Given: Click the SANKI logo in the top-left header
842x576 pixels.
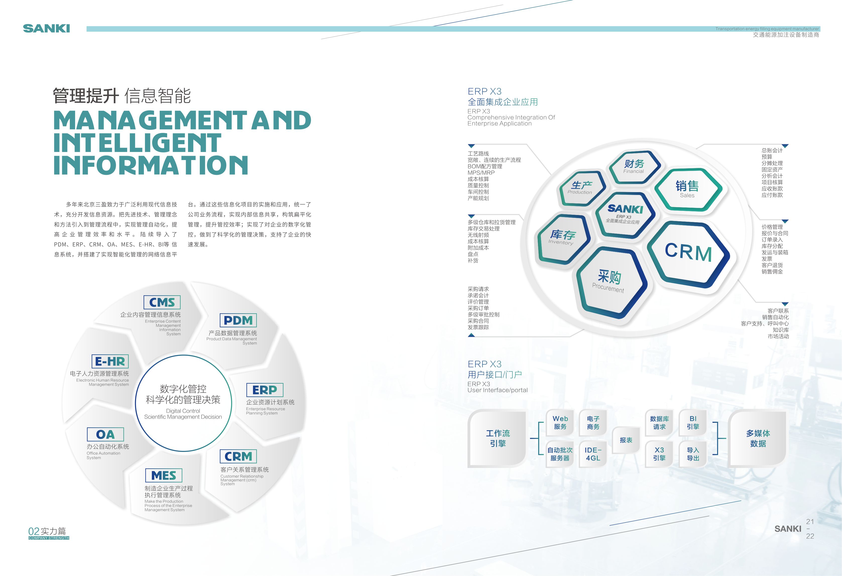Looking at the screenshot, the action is [x=46, y=29].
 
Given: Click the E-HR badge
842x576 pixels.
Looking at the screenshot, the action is [x=110, y=361].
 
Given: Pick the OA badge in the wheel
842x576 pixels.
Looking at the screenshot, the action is [x=105, y=434].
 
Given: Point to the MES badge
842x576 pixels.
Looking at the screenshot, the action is [x=164, y=475].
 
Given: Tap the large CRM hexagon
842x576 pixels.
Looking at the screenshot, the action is [x=688, y=253].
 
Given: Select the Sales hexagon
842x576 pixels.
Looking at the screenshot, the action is [x=687, y=189].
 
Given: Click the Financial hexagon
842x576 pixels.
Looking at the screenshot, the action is [x=634, y=167].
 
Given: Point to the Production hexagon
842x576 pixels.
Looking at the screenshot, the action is [x=581, y=187].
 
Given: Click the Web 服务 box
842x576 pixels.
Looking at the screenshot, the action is [x=560, y=423].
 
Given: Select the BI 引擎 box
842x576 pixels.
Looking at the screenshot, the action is [x=693, y=423].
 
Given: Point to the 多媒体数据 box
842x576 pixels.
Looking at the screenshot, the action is [x=758, y=438].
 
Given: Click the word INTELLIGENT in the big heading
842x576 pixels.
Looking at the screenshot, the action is [x=137, y=143].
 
